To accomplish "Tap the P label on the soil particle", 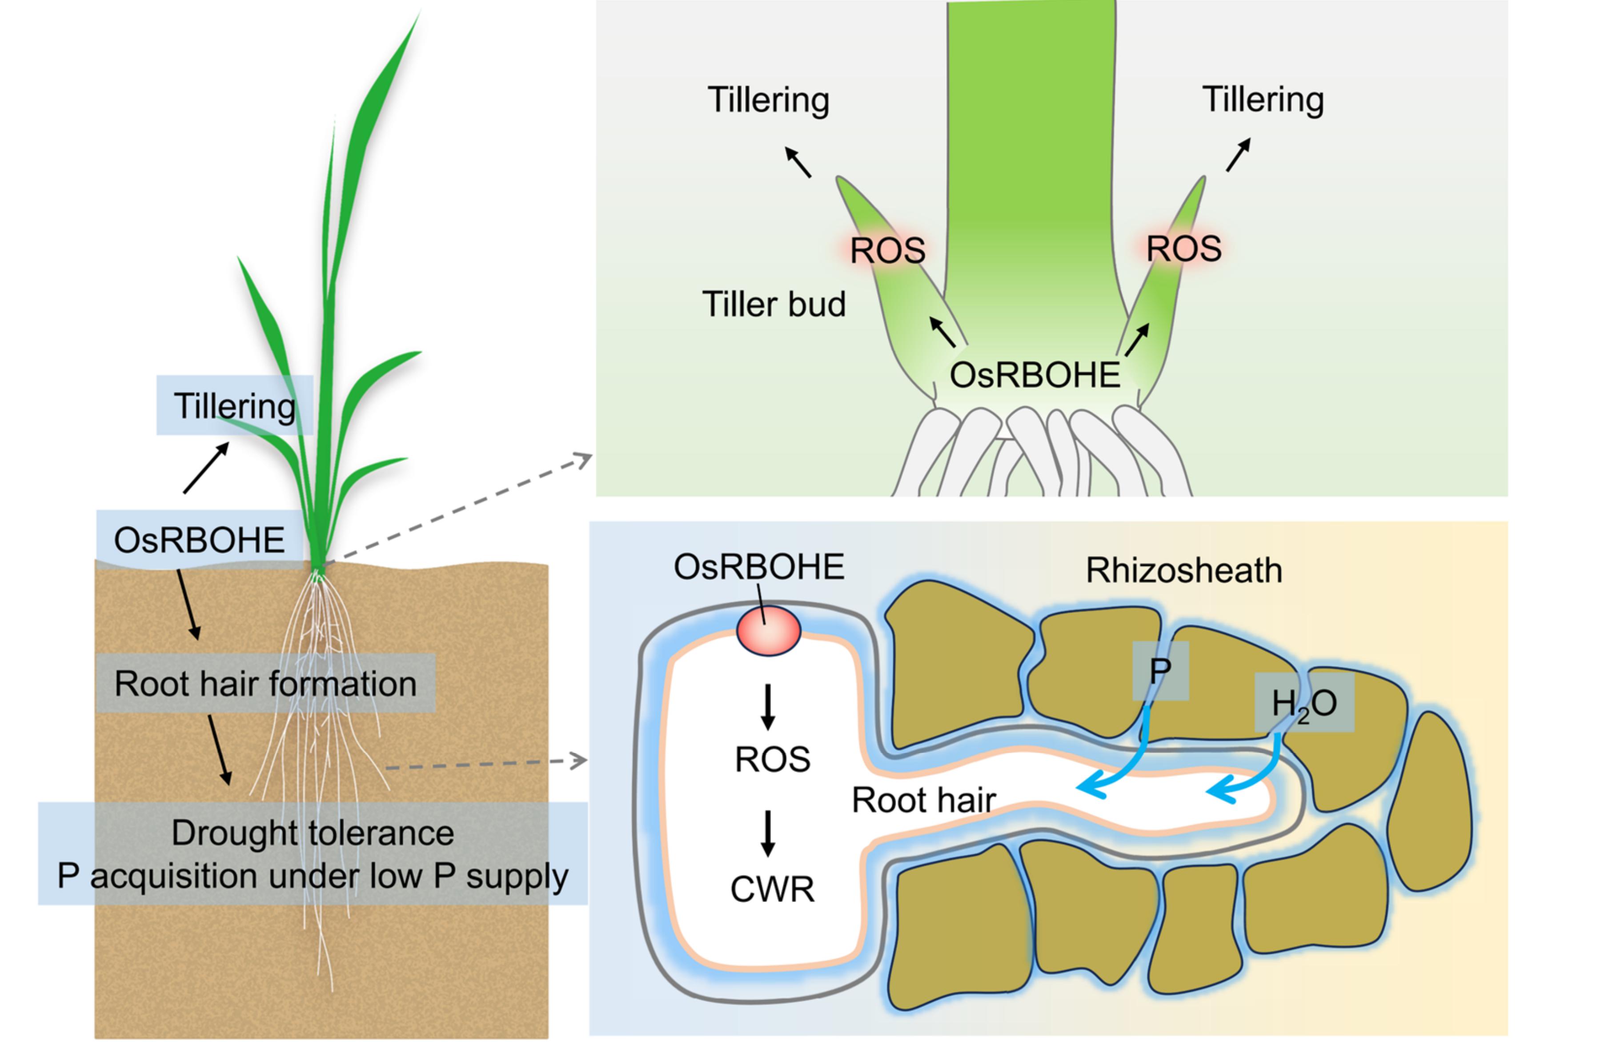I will click(1160, 671).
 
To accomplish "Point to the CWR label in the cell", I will click(772, 889).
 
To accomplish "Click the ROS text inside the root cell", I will click(772, 760).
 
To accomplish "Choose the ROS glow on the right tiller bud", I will click(1183, 248).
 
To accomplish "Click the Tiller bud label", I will click(774, 304).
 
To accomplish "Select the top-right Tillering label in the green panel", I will click(1263, 99).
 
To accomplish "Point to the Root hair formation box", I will click(265, 683).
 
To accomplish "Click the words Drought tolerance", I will click(313, 833).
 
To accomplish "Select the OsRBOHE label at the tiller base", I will click(1035, 375).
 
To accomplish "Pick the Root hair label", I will click(923, 800).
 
